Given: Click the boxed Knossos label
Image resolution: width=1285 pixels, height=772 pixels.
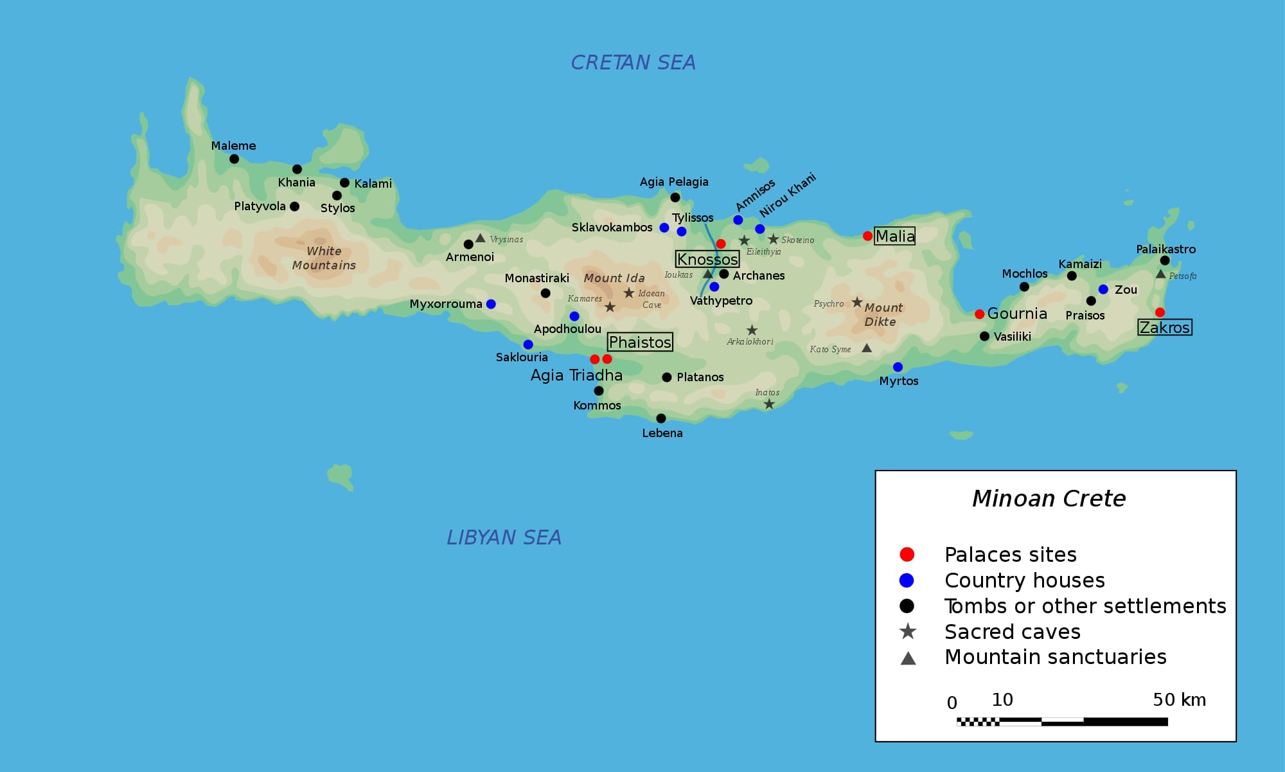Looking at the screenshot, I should point(707,259).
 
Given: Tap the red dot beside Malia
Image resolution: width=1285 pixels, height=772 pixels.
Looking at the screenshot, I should point(867,236).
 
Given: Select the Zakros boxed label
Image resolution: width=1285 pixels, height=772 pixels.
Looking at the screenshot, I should point(1164,327).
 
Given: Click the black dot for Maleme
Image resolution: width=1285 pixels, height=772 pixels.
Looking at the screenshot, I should point(234,159).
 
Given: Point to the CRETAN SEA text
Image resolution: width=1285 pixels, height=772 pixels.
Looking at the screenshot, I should point(633,62).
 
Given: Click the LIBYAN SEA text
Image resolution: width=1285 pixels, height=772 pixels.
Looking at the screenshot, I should point(504,537).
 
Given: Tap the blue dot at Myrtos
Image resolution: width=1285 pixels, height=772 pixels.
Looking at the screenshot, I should point(898,367).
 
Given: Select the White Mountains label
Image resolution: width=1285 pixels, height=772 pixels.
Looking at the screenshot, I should point(324,258).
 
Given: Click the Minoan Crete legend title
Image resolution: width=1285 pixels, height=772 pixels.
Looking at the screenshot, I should point(1049,498).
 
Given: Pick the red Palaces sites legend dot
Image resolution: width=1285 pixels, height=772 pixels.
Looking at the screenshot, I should point(907,554).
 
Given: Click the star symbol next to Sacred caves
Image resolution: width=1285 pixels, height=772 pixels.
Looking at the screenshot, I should point(907,631).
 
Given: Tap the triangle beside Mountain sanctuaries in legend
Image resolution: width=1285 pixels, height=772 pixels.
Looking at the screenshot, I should point(908,658).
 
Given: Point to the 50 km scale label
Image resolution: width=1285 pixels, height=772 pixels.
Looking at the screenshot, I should point(1179,699).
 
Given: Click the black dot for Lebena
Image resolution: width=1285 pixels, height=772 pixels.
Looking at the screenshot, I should point(660,418).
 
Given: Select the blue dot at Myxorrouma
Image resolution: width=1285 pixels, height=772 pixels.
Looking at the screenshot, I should point(491,304).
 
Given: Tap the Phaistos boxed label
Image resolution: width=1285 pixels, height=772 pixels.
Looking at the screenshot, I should point(640,342).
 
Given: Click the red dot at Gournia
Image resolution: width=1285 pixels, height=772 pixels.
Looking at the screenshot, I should point(979,314).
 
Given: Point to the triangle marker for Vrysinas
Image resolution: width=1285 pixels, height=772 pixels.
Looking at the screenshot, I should point(480,238).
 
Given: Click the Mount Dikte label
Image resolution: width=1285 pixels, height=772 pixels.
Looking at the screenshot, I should point(883,315).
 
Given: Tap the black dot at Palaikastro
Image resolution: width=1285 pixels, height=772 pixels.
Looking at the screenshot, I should point(1165,260).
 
